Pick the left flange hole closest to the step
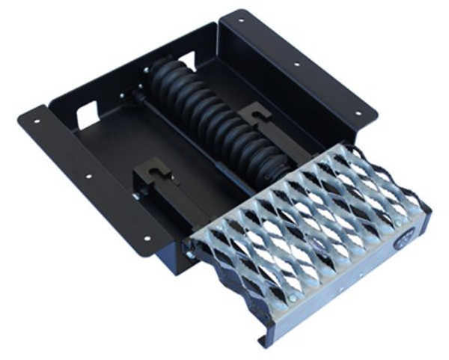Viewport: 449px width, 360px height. pos(147,238)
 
